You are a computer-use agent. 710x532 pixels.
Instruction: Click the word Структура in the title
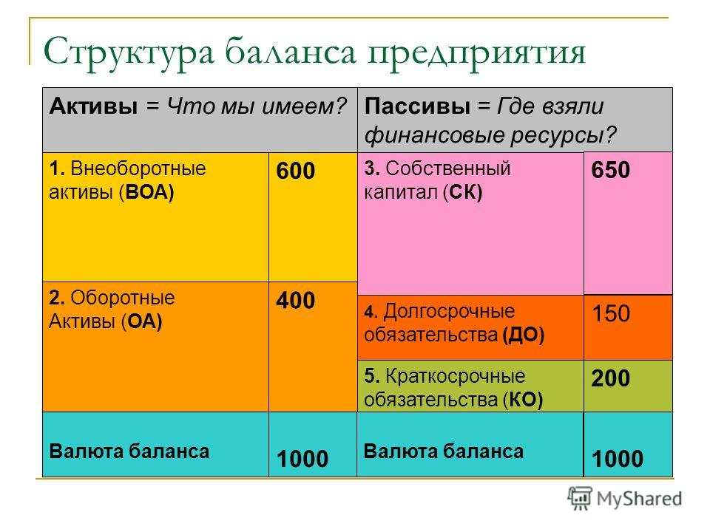pos(129,52)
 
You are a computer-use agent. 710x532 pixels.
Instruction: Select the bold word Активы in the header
pos(94,106)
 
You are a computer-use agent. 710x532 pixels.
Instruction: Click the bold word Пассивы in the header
pos(417,106)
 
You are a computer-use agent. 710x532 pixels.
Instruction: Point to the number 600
pos(296,171)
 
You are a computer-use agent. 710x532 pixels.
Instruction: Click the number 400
pos(296,301)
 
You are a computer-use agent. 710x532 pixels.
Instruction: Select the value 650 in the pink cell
pos(611,170)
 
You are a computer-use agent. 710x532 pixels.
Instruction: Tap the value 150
pos(612,313)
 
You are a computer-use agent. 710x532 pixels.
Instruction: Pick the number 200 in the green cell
pos(611,378)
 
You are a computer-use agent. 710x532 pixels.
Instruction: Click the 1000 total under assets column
pos(302,459)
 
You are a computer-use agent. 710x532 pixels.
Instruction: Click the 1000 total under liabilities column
pos(618,459)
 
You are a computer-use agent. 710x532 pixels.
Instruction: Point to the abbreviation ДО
pos(523,335)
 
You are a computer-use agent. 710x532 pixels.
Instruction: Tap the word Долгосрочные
pos(449,312)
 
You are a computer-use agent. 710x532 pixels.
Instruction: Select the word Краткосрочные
pos(456,376)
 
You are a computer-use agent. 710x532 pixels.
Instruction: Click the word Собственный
pos(448,168)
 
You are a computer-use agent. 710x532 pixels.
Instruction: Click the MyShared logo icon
pos(580,499)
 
